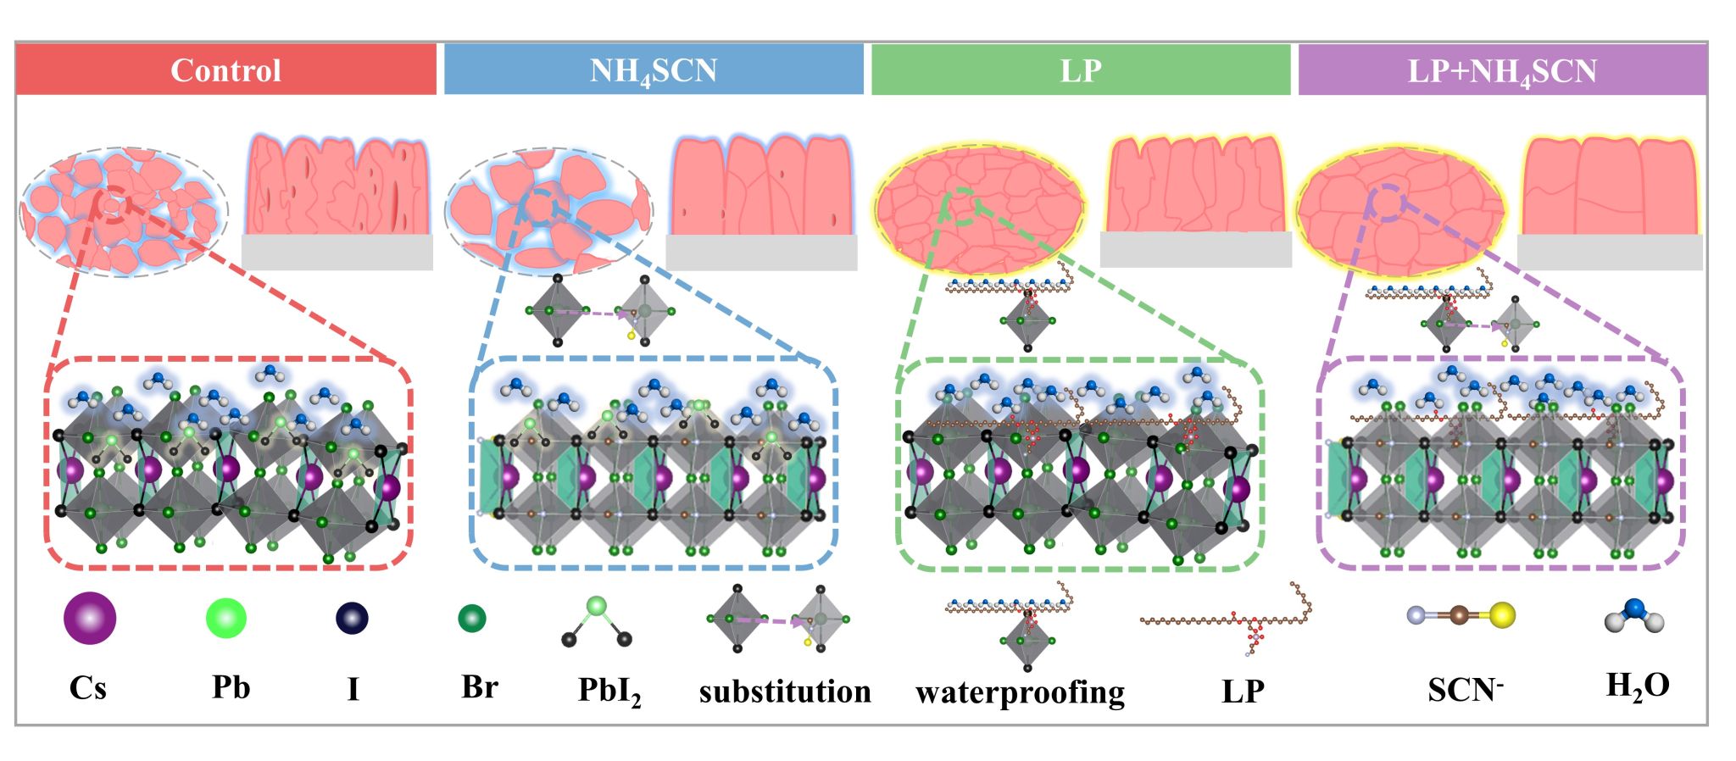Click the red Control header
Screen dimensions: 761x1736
(225, 69)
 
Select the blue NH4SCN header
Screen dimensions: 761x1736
(654, 69)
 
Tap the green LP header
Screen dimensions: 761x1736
(1081, 69)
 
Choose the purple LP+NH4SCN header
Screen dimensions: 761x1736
(1502, 69)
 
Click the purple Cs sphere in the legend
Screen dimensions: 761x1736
(90, 619)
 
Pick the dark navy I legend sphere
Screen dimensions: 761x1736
(352, 618)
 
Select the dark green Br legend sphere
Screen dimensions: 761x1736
(472, 619)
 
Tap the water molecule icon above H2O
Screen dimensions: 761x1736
(1634, 616)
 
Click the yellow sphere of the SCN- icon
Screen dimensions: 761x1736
(1503, 615)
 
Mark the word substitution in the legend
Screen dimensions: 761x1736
(785, 692)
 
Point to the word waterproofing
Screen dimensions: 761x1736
(1020, 692)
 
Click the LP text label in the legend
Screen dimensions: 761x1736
(1243, 692)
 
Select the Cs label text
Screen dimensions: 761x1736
(88, 687)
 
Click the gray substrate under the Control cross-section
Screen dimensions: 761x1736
(337, 253)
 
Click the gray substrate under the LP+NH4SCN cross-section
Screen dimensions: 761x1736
(1610, 253)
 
